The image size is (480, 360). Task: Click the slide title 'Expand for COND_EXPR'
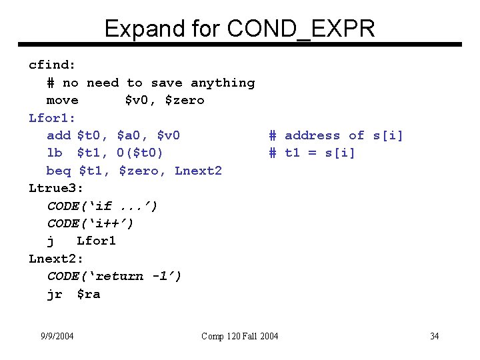(x=239, y=28)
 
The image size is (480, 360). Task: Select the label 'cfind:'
(x=52, y=65)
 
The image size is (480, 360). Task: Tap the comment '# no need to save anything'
(x=151, y=83)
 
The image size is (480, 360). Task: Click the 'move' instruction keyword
(x=62, y=101)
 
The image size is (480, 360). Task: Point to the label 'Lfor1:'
(x=52, y=118)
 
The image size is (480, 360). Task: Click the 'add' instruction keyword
(x=59, y=135)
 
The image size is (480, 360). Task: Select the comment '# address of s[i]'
(x=336, y=135)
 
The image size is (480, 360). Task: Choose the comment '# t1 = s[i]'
(x=312, y=153)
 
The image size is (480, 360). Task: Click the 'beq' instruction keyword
(x=59, y=171)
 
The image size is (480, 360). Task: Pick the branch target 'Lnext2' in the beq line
(x=198, y=171)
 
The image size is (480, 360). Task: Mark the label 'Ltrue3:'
(x=56, y=188)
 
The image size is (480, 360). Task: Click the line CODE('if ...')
(x=102, y=205)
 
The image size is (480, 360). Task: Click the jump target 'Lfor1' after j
(x=96, y=241)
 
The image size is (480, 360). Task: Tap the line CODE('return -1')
(x=114, y=275)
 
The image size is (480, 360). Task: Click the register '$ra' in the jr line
(x=89, y=293)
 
